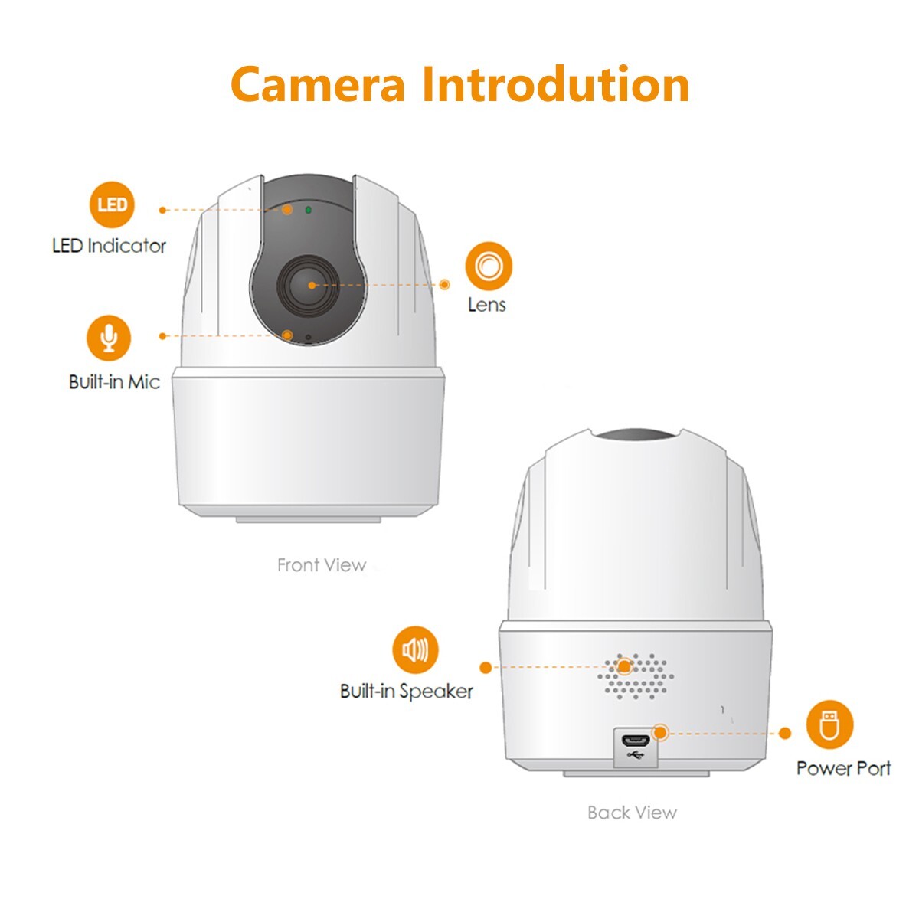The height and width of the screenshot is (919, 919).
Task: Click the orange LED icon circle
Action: tap(112, 205)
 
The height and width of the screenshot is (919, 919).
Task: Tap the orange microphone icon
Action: tap(109, 338)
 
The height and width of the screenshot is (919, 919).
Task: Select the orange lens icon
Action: tap(488, 266)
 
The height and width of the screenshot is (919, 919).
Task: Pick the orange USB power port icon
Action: tap(829, 724)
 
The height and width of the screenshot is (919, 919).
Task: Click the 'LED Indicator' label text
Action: tap(109, 246)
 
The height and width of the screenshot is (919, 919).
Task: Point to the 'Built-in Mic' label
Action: tap(114, 381)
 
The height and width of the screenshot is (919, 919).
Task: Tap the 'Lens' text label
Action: tap(487, 305)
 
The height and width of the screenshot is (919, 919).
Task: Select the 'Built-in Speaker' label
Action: tap(407, 692)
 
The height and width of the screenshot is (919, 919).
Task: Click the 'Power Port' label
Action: tap(843, 768)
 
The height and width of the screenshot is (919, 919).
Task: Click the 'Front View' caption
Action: tap(322, 565)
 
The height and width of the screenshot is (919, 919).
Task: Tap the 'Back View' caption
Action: tap(632, 813)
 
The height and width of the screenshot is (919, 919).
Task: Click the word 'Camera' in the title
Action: tap(317, 84)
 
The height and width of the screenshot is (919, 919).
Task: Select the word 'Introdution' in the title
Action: tap(555, 84)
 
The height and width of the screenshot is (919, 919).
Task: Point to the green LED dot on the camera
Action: tap(308, 208)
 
